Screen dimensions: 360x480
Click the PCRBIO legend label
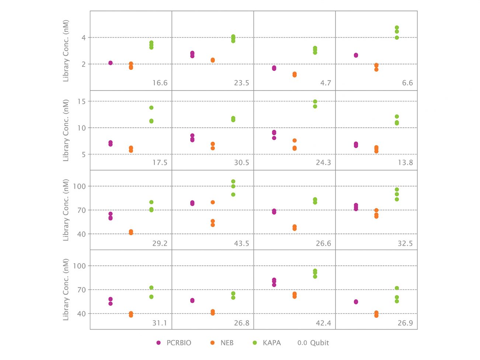click(x=178, y=343)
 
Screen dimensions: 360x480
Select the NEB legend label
click(x=227, y=343)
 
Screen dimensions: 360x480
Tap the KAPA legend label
click(x=271, y=343)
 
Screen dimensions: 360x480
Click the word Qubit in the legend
click(x=319, y=343)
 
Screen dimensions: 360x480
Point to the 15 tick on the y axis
click(x=81, y=101)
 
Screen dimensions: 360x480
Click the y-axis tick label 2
click(x=84, y=64)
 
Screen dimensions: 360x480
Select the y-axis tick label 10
click(x=81, y=128)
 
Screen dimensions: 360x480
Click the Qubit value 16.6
click(x=160, y=83)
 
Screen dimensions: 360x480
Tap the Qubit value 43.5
click(x=241, y=243)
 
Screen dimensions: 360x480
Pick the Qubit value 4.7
click(x=326, y=83)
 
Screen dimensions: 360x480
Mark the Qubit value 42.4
click(x=323, y=323)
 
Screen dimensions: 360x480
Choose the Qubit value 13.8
click(x=405, y=162)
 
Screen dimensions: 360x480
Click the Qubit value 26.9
click(x=405, y=323)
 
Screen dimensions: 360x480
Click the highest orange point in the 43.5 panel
click(x=213, y=202)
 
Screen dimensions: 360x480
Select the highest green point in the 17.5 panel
click(x=151, y=108)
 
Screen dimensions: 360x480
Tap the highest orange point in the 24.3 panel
click(x=295, y=140)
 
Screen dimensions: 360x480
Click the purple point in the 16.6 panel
click(x=111, y=63)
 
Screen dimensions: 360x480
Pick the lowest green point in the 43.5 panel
click(x=233, y=195)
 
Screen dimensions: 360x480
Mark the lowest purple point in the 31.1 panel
click(x=111, y=304)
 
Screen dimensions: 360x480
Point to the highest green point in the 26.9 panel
click(x=397, y=288)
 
